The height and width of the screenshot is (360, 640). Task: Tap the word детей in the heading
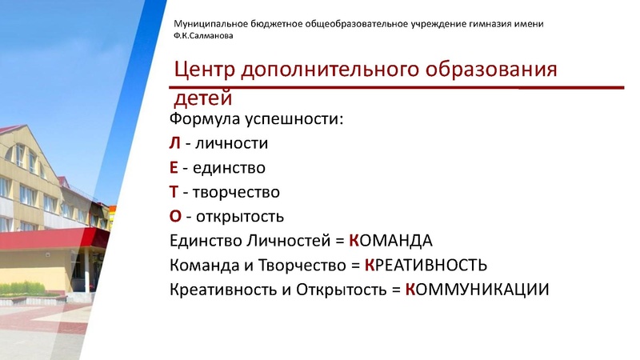tap(203, 99)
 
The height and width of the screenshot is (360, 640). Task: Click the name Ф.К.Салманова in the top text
tap(204, 35)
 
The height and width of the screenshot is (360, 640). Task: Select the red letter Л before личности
tap(175, 144)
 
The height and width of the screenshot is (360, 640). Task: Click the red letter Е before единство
tap(174, 168)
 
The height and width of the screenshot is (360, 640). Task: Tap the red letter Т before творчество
tap(174, 192)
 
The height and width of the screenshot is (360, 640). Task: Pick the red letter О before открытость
tap(175, 216)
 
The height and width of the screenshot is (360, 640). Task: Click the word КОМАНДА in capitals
tap(390, 241)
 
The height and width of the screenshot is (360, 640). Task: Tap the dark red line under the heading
tap(400, 86)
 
